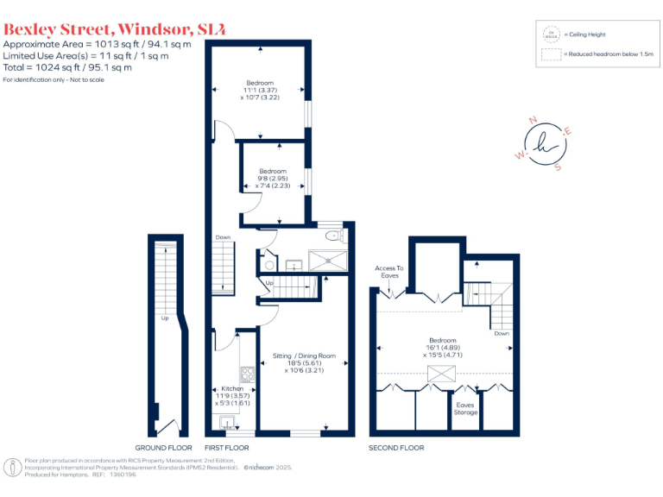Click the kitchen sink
pyautogui.click(x=227, y=421)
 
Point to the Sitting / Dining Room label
pyautogui.click(x=303, y=355)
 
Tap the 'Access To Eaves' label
pyautogui.click(x=389, y=272)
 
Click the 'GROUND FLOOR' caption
pyautogui.click(x=163, y=448)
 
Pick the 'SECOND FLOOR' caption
pyautogui.click(x=396, y=448)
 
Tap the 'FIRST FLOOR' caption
pyautogui.click(x=226, y=448)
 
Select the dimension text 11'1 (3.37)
pyautogui.click(x=260, y=91)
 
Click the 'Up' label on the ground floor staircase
pyautogui.click(x=163, y=318)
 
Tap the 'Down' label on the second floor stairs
pyautogui.click(x=502, y=332)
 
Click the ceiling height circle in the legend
pyautogui.click(x=549, y=35)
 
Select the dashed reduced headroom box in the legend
pyautogui.click(x=549, y=54)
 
